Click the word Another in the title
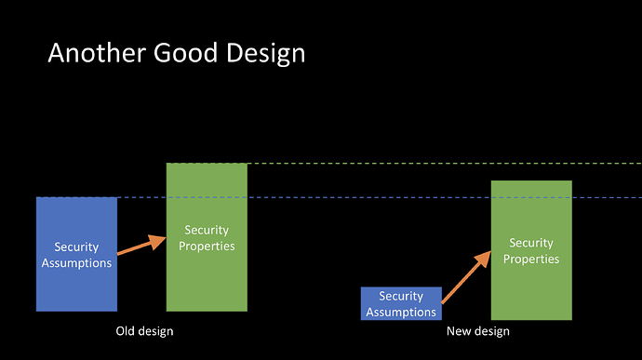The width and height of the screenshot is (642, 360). [97, 53]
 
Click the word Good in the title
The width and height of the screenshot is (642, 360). [185, 53]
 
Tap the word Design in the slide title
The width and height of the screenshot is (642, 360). [266, 54]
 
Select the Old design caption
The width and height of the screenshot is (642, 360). [144, 331]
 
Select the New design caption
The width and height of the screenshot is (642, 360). [478, 331]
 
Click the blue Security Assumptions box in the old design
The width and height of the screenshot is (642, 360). [76, 254]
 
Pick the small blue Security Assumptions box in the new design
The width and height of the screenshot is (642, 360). [401, 303]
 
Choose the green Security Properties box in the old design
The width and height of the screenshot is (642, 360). [207, 237]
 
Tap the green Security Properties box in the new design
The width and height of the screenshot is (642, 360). [531, 250]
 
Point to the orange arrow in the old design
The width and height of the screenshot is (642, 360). [141, 246]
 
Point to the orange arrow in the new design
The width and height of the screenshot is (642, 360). [466, 277]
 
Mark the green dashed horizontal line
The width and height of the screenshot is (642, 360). [404, 164]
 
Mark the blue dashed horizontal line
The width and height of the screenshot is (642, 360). [339, 197]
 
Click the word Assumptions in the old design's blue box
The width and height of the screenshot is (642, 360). [76, 263]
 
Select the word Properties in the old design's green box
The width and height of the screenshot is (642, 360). [207, 247]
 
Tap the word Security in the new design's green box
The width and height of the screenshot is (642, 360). [531, 243]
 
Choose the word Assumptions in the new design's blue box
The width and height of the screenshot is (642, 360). [401, 312]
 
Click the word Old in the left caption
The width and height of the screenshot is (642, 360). [125, 331]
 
